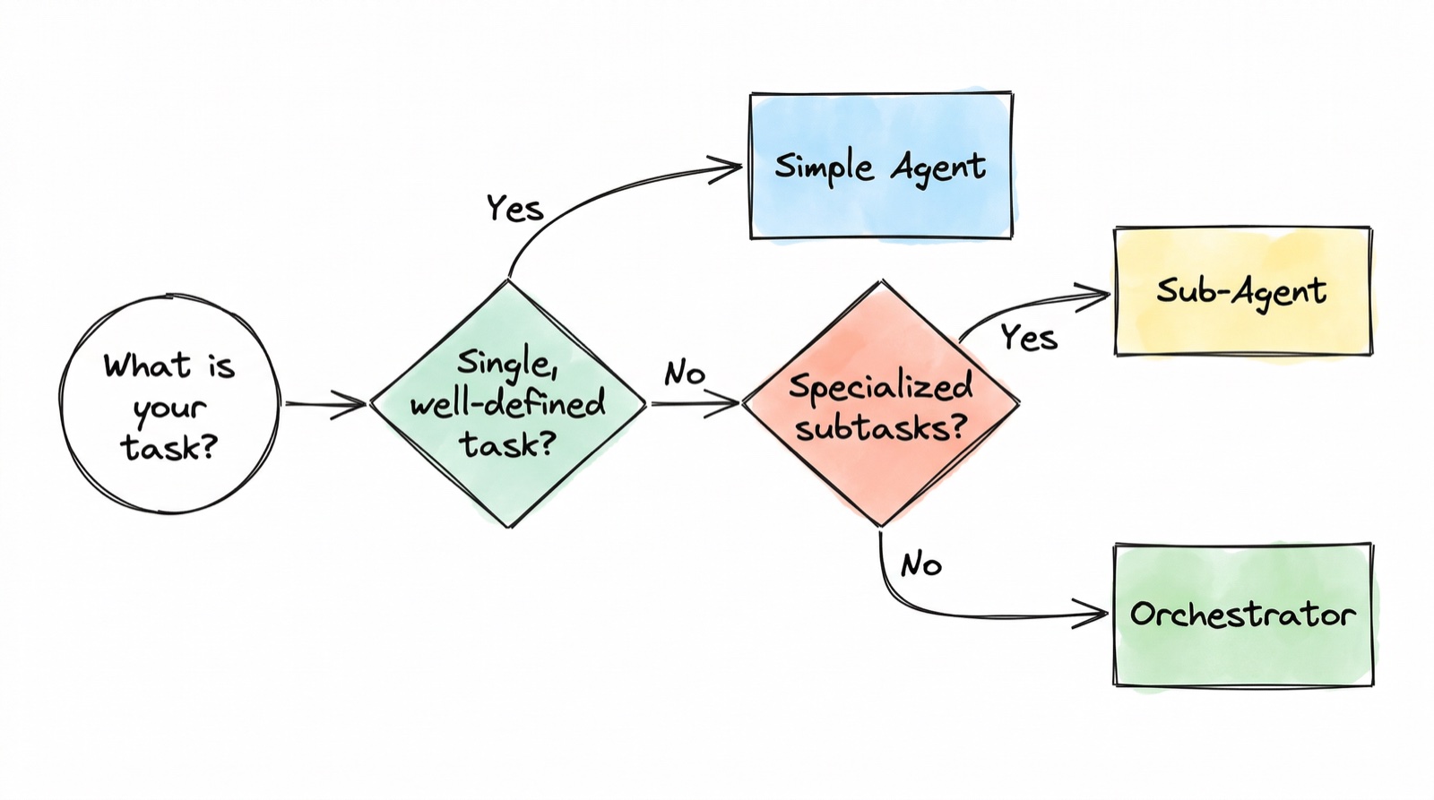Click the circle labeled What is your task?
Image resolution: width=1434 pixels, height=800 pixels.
[x=169, y=405]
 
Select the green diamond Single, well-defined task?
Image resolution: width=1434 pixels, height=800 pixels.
[x=508, y=403]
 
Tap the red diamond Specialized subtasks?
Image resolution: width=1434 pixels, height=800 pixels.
[x=880, y=403]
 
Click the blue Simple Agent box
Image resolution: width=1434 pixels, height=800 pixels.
[x=881, y=166]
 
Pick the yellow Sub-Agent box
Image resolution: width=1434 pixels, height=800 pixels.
[x=1242, y=291]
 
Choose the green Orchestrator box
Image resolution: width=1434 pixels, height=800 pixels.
[x=1243, y=615]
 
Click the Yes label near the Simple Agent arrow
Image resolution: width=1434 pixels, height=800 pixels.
[x=515, y=209]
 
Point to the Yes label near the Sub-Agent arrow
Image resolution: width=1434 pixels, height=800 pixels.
[x=1029, y=339]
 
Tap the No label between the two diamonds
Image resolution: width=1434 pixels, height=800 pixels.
[x=685, y=373]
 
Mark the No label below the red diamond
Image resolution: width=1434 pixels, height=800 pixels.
[x=921, y=564]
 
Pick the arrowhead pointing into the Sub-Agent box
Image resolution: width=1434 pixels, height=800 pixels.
[x=1097, y=295]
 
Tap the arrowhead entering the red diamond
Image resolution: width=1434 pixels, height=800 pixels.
[x=728, y=404]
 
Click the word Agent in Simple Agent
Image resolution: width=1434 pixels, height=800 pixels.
[x=937, y=168]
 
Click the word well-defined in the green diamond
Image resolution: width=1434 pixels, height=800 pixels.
[x=507, y=404]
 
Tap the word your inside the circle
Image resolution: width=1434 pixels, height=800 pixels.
[x=169, y=409]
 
